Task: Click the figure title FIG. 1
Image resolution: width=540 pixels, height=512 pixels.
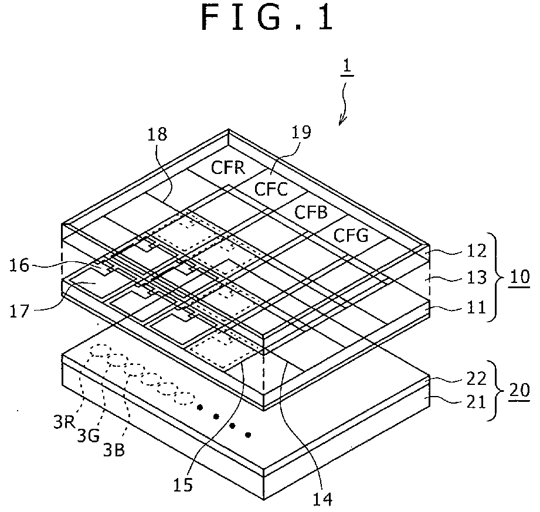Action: pos(267,18)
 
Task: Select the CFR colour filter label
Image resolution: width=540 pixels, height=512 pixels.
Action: pos(228,168)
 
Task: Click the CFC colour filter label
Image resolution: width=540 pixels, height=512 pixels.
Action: pos(271,189)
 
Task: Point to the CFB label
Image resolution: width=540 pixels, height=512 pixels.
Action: pos(311,212)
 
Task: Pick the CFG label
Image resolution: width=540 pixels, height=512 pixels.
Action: pos(351,235)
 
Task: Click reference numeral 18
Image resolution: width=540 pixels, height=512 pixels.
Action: pos(157,134)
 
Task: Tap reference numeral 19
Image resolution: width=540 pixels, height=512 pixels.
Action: pos(301,132)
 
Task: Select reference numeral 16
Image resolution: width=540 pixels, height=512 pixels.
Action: pos(19,265)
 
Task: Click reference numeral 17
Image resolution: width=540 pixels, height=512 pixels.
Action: pos(19,312)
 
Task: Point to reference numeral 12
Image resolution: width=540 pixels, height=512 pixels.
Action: pos(476,251)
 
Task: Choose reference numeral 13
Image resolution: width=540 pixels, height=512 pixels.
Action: pos(476,277)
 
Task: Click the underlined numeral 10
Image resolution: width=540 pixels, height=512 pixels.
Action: pos(519,277)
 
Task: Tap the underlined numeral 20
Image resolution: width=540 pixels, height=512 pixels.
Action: pos(519,391)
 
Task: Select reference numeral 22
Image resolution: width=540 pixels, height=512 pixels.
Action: pos(476,378)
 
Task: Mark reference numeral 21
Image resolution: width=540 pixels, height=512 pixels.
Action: pos(476,402)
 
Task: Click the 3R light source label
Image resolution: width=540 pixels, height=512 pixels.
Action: pos(64,422)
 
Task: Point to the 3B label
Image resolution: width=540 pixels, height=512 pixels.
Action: pos(114,450)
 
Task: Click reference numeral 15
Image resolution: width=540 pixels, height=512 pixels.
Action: pos(182,485)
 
